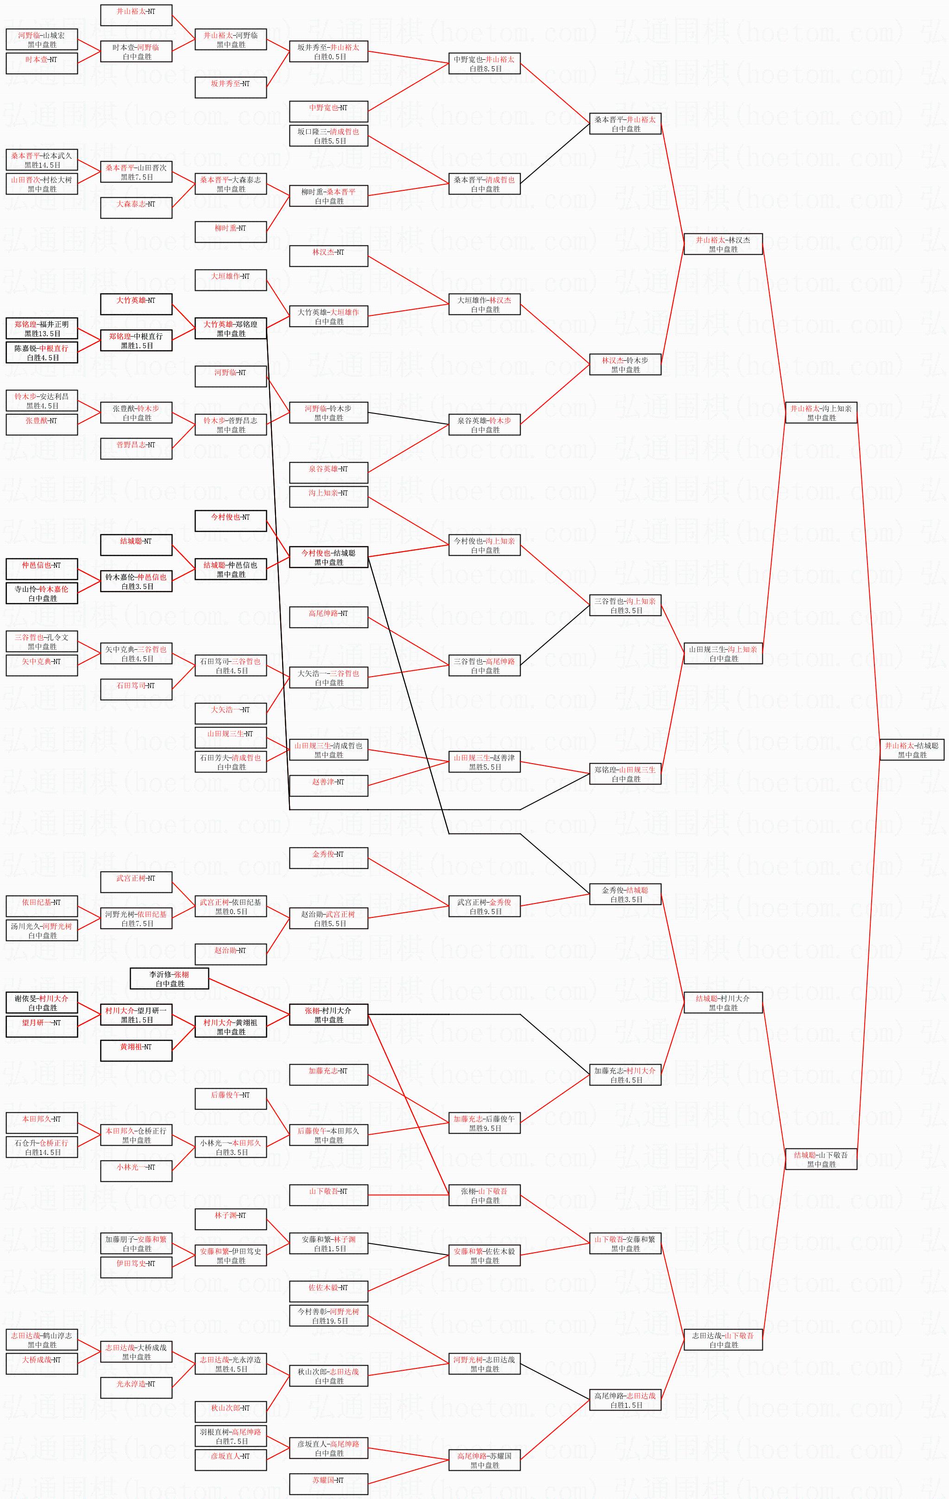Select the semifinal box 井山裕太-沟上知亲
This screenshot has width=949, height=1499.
click(821, 413)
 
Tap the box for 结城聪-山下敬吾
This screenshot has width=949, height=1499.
click(821, 1159)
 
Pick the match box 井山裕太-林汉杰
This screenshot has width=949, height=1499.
click(723, 244)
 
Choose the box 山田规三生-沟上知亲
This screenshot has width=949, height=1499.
click(723, 653)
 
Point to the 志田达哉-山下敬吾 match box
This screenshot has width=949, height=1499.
click(723, 1340)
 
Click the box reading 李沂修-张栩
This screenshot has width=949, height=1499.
click(170, 978)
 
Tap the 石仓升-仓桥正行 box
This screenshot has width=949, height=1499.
click(42, 1147)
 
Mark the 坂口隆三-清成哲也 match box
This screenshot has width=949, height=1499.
click(329, 136)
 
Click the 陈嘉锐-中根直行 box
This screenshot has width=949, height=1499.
click(42, 352)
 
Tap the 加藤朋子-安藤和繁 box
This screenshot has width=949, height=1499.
click(136, 1243)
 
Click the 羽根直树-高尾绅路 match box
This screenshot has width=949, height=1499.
click(231, 1436)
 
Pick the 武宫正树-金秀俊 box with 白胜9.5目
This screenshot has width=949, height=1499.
click(484, 906)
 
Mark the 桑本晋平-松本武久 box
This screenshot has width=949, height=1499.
click(42, 160)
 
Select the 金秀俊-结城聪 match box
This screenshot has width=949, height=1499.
click(625, 895)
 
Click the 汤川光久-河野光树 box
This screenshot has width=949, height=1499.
click(42, 931)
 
